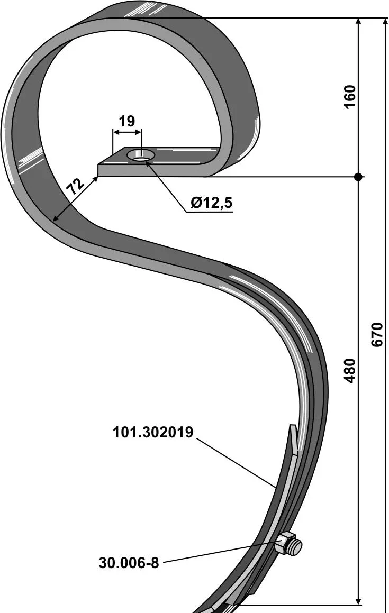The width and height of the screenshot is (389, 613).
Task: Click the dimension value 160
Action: point(350,97)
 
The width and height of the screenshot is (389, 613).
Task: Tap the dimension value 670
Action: point(376,334)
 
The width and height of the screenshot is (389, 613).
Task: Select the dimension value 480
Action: point(350,370)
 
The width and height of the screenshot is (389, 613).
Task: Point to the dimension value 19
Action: point(127,121)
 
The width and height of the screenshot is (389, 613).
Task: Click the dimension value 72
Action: point(74,187)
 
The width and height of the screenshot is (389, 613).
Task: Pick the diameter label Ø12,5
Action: point(211,203)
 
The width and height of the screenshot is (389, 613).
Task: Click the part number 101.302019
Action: point(153,433)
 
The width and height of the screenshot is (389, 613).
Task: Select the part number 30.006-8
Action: point(129,563)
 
